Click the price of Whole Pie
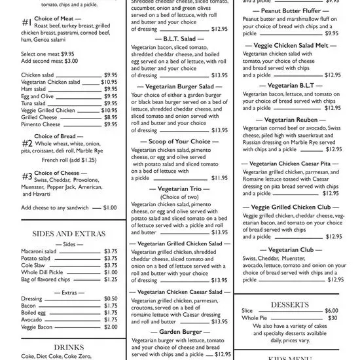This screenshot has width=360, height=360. (x=333, y=317)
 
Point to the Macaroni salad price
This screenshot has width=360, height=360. (x=111, y=251)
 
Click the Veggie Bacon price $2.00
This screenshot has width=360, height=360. (x=111, y=327)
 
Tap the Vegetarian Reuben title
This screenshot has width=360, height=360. (x=293, y=120)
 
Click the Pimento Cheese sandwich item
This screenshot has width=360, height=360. (x=41, y=124)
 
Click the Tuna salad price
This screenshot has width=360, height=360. (x=111, y=103)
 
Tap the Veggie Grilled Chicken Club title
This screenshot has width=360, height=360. (x=293, y=207)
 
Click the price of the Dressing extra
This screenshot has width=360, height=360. (x=111, y=298)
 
